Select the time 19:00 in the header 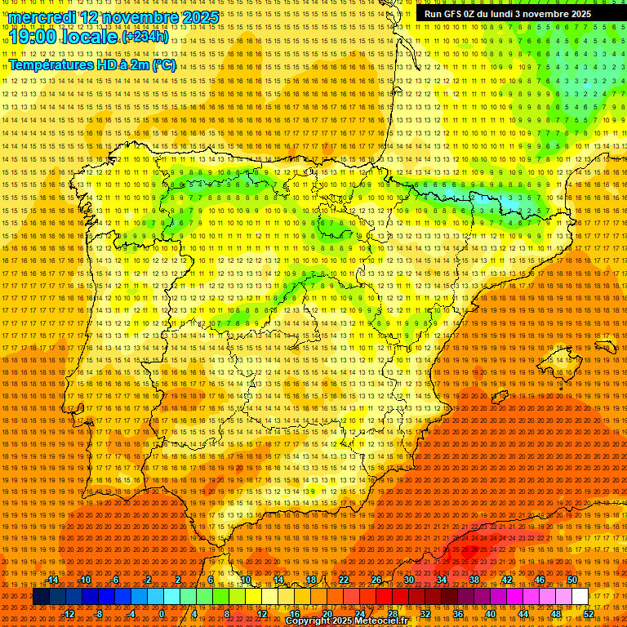33,37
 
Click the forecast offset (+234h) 145,37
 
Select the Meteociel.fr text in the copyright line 376,621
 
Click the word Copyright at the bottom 309,621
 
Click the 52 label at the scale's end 589,614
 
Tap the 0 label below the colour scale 162,614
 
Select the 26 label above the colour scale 376,580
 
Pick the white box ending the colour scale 580,597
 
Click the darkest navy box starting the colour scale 41,597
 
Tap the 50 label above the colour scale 572,580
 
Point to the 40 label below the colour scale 490,614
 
